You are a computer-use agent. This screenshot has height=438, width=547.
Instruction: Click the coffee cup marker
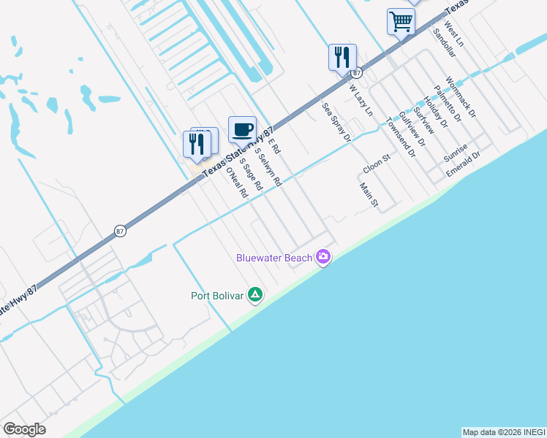point(242,130)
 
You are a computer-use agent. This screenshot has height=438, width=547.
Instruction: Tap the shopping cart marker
point(401,22)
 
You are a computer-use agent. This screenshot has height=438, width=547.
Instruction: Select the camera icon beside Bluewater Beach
point(323,257)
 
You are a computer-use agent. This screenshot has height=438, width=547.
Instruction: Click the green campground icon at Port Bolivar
point(254,295)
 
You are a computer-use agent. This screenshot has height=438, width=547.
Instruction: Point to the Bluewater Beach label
point(274,258)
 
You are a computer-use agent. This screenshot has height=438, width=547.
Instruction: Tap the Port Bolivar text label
point(216,296)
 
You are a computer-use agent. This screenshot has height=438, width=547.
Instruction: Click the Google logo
point(25,429)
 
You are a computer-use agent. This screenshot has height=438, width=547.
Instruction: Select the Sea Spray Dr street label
point(337,122)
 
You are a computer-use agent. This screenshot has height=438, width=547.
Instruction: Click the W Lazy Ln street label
point(361,100)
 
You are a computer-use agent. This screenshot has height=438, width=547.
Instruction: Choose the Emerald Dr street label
point(464,165)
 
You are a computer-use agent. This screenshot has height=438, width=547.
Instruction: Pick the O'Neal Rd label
point(237,183)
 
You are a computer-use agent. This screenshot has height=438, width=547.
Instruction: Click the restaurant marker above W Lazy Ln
point(342,58)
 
